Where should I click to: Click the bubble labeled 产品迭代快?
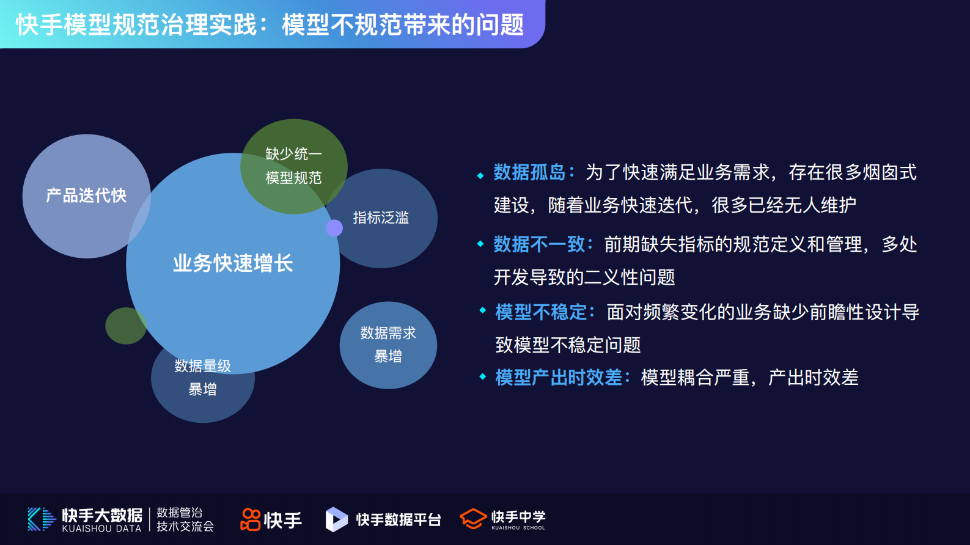point(86,196)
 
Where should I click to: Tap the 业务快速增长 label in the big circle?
point(233,263)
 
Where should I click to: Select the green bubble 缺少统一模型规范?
point(294,166)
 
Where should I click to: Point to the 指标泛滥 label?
point(380,218)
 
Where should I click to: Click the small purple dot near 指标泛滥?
point(334,228)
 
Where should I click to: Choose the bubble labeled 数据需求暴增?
point(388,345)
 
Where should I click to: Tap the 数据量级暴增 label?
point(202,378)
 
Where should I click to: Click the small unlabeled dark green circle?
point(125,326)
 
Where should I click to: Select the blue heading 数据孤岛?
point(529,172)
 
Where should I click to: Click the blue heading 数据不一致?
point(538,244)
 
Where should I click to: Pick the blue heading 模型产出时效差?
point(558,378)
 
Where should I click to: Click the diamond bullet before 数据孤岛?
point(480,176)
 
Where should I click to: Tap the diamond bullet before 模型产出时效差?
point(483,377)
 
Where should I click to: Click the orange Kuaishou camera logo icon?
point(251,519)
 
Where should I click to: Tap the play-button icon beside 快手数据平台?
point(336,519)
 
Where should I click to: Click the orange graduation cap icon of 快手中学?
point(472,519)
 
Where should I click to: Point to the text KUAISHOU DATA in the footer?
point(101,529)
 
